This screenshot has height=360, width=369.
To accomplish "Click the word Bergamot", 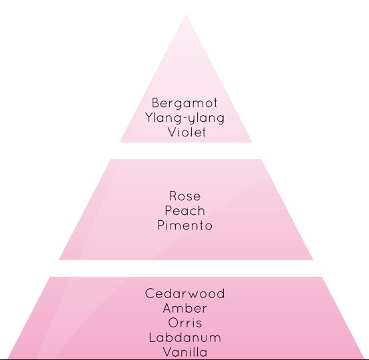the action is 184,104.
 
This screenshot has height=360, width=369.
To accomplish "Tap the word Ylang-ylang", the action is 184,118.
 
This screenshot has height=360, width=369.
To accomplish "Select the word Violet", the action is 187,132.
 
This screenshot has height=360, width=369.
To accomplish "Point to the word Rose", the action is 185,196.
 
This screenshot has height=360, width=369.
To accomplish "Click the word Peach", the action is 185,210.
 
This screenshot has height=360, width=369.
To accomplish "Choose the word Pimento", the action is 185,225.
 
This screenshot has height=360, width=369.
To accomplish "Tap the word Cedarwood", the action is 185,293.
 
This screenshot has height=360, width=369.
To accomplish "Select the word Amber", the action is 185,308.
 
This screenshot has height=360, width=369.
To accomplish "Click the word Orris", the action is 185,323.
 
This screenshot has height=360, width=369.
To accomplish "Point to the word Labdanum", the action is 185,337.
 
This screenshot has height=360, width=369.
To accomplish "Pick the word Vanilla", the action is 185,352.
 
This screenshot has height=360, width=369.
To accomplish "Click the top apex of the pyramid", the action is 186,15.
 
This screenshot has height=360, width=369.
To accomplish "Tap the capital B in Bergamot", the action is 156,103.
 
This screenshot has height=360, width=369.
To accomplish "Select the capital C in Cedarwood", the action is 150,293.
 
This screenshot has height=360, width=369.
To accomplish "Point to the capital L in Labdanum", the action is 153,337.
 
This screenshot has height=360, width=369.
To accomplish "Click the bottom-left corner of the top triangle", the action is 120,142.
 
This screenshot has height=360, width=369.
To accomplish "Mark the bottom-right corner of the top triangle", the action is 252,142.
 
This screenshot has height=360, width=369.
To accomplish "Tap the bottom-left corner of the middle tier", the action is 59,260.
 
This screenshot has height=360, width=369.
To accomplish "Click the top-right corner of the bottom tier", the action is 322,277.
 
